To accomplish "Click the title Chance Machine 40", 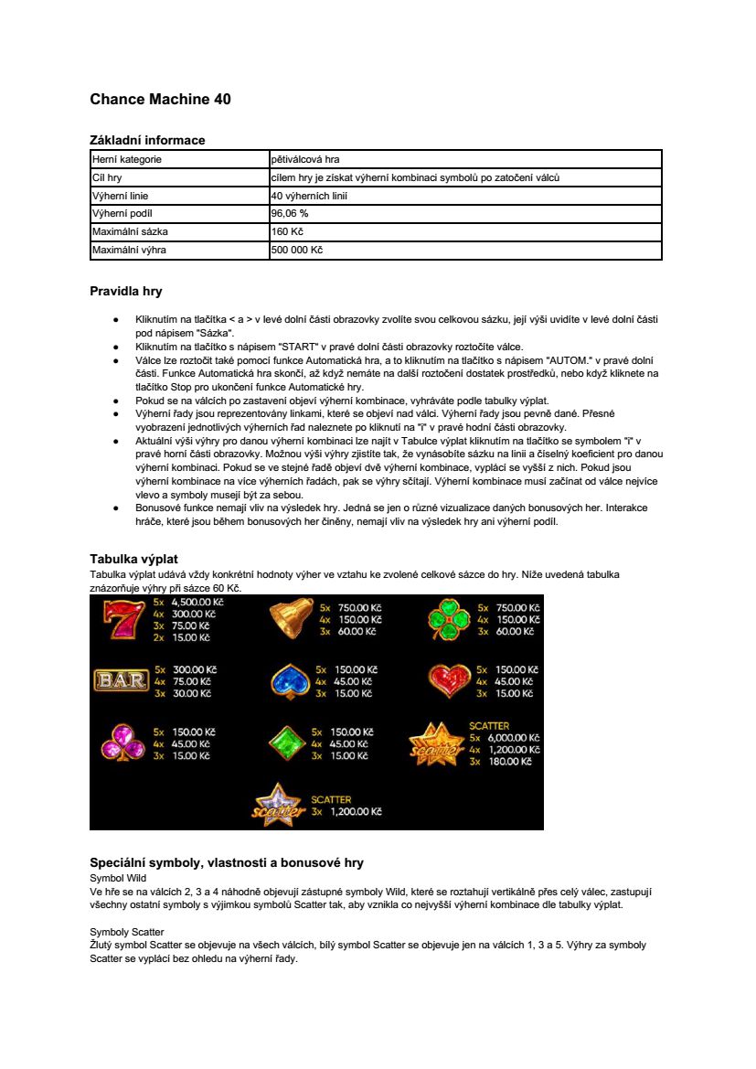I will pos(160,99).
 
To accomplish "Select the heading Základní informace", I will pos(147,140).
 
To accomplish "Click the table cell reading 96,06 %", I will pos(290,213).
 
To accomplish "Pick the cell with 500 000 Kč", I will pos(297,250).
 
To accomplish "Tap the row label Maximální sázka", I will pos(130,231).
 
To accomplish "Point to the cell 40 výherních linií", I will pos(309,195).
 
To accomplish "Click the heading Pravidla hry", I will pos(126,292).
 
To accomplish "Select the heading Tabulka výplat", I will pos(133,558).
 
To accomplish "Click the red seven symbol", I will pos(119,620).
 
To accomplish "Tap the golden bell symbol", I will pos(292,619).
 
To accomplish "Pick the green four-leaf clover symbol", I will pos(449,620).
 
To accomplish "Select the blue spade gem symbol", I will pos(291,681).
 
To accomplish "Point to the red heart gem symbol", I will pos(449,681).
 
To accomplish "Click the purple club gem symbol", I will pos(119,743).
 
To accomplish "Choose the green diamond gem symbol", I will pos(287,743).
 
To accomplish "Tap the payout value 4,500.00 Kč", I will pos(197,603).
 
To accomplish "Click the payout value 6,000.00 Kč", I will pos(512,738).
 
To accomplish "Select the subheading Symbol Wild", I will pos(118,877).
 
